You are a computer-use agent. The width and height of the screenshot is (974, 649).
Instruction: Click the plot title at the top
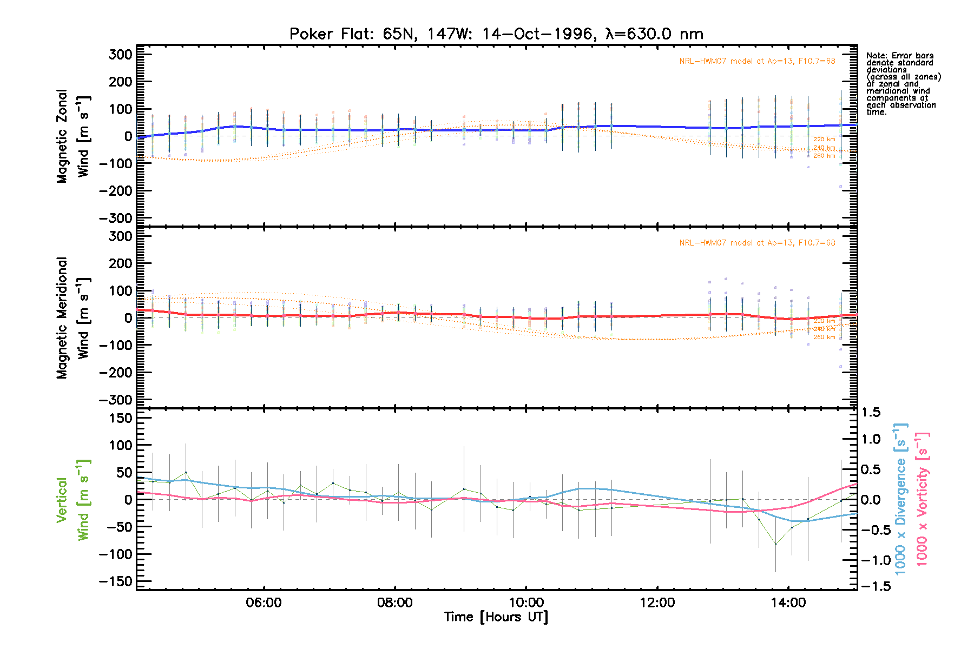tap(496, 34)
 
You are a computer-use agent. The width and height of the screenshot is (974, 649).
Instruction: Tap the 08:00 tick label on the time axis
tap(394, 602)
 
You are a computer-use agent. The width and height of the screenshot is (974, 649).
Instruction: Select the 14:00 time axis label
tap(788, 602)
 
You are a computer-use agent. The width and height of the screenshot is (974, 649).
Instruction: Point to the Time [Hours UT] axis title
tap(496, 617)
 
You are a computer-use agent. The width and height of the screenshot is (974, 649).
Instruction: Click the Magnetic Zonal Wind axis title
tap(73, 136)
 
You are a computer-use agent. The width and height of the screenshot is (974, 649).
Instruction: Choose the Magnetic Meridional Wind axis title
tap(73, 318)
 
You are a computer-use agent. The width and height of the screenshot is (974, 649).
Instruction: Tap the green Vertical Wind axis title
tap(73, 500)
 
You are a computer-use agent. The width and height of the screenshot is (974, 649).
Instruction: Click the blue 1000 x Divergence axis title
tap(900, 499)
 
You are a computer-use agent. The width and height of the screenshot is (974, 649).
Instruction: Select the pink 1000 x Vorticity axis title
tap(922, 499)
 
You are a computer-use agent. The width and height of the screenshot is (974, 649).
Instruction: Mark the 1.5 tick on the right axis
tap(871, 413)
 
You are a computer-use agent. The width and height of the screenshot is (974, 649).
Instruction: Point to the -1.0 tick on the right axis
tap(871, 560)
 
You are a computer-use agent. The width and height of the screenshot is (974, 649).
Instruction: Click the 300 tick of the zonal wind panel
tap(120, 55)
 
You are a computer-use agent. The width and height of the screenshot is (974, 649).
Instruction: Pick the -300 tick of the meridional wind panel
tap(116, 400)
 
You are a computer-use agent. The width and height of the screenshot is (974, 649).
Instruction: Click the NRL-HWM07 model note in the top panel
tap(757, 61)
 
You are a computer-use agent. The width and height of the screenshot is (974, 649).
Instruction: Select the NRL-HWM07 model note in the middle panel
tap(757, 243)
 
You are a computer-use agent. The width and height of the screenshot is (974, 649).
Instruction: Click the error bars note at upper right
tap(903, 83)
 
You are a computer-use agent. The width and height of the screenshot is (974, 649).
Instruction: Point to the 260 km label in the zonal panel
tap(824, 156)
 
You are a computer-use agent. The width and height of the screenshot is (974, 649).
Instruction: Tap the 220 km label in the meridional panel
tap(824, 321)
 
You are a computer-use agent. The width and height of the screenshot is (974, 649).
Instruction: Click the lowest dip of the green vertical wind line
tap(775, 545)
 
